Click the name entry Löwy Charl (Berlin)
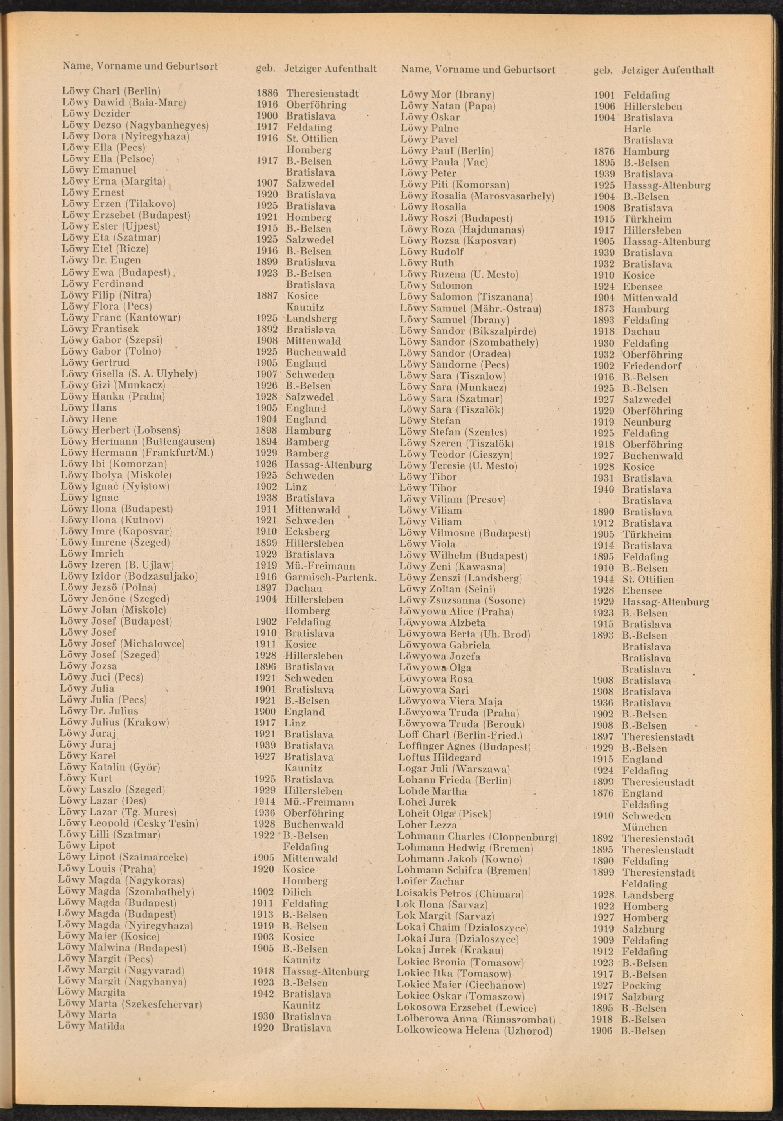coord(111,91)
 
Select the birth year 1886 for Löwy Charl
coord(267,93)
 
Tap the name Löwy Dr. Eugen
coord(101,260)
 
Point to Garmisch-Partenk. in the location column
coord(331,577)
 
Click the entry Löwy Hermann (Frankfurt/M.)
coord(137,453)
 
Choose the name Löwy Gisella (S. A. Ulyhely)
coord(129,374)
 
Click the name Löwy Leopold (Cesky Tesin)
coord(128,824)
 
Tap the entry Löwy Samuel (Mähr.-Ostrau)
coord(470,309)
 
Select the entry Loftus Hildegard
coord(440,758)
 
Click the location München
coord(644,828)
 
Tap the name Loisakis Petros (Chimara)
coord(460,894)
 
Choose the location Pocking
coord(641,972)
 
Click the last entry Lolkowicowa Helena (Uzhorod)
coord(474,1018)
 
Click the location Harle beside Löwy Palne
coord(637,129)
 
